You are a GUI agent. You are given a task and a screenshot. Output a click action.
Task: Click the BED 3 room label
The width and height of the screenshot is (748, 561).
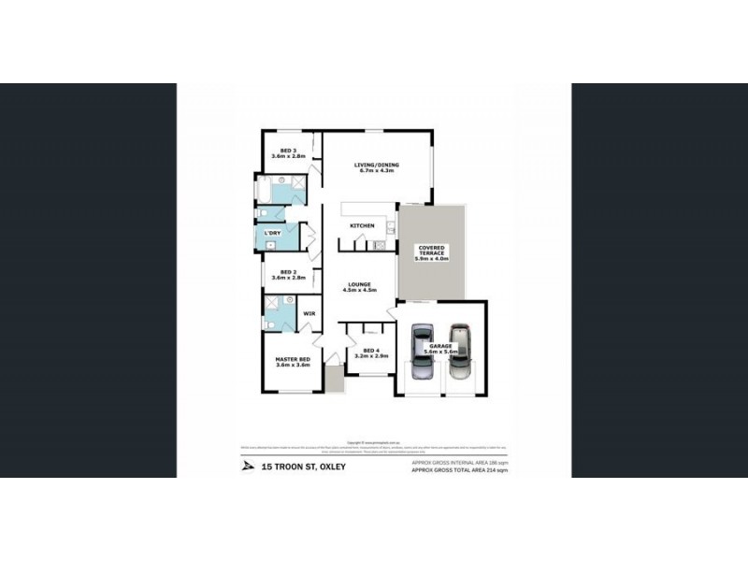[281, 151]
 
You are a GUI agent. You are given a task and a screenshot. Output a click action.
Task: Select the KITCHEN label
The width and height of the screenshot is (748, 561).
[362, 226]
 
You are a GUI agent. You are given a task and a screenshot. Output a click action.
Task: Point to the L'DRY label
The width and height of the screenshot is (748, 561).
[273, 232]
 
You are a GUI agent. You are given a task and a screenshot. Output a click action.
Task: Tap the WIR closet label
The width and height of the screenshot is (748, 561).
[309, 314]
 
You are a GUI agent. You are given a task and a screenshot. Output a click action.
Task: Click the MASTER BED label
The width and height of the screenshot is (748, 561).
[292, 359]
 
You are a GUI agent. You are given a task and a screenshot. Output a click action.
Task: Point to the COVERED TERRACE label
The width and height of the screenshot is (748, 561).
[433, 250]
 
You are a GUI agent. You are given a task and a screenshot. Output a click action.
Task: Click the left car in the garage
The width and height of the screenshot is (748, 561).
[423, 350]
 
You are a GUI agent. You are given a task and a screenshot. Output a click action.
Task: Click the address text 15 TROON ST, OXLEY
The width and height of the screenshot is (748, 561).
[304, 466]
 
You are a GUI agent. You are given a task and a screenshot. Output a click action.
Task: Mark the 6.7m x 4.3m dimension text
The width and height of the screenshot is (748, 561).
[374, 172]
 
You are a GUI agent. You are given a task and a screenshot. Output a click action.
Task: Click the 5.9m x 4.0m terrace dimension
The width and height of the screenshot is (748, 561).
[433, 258]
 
